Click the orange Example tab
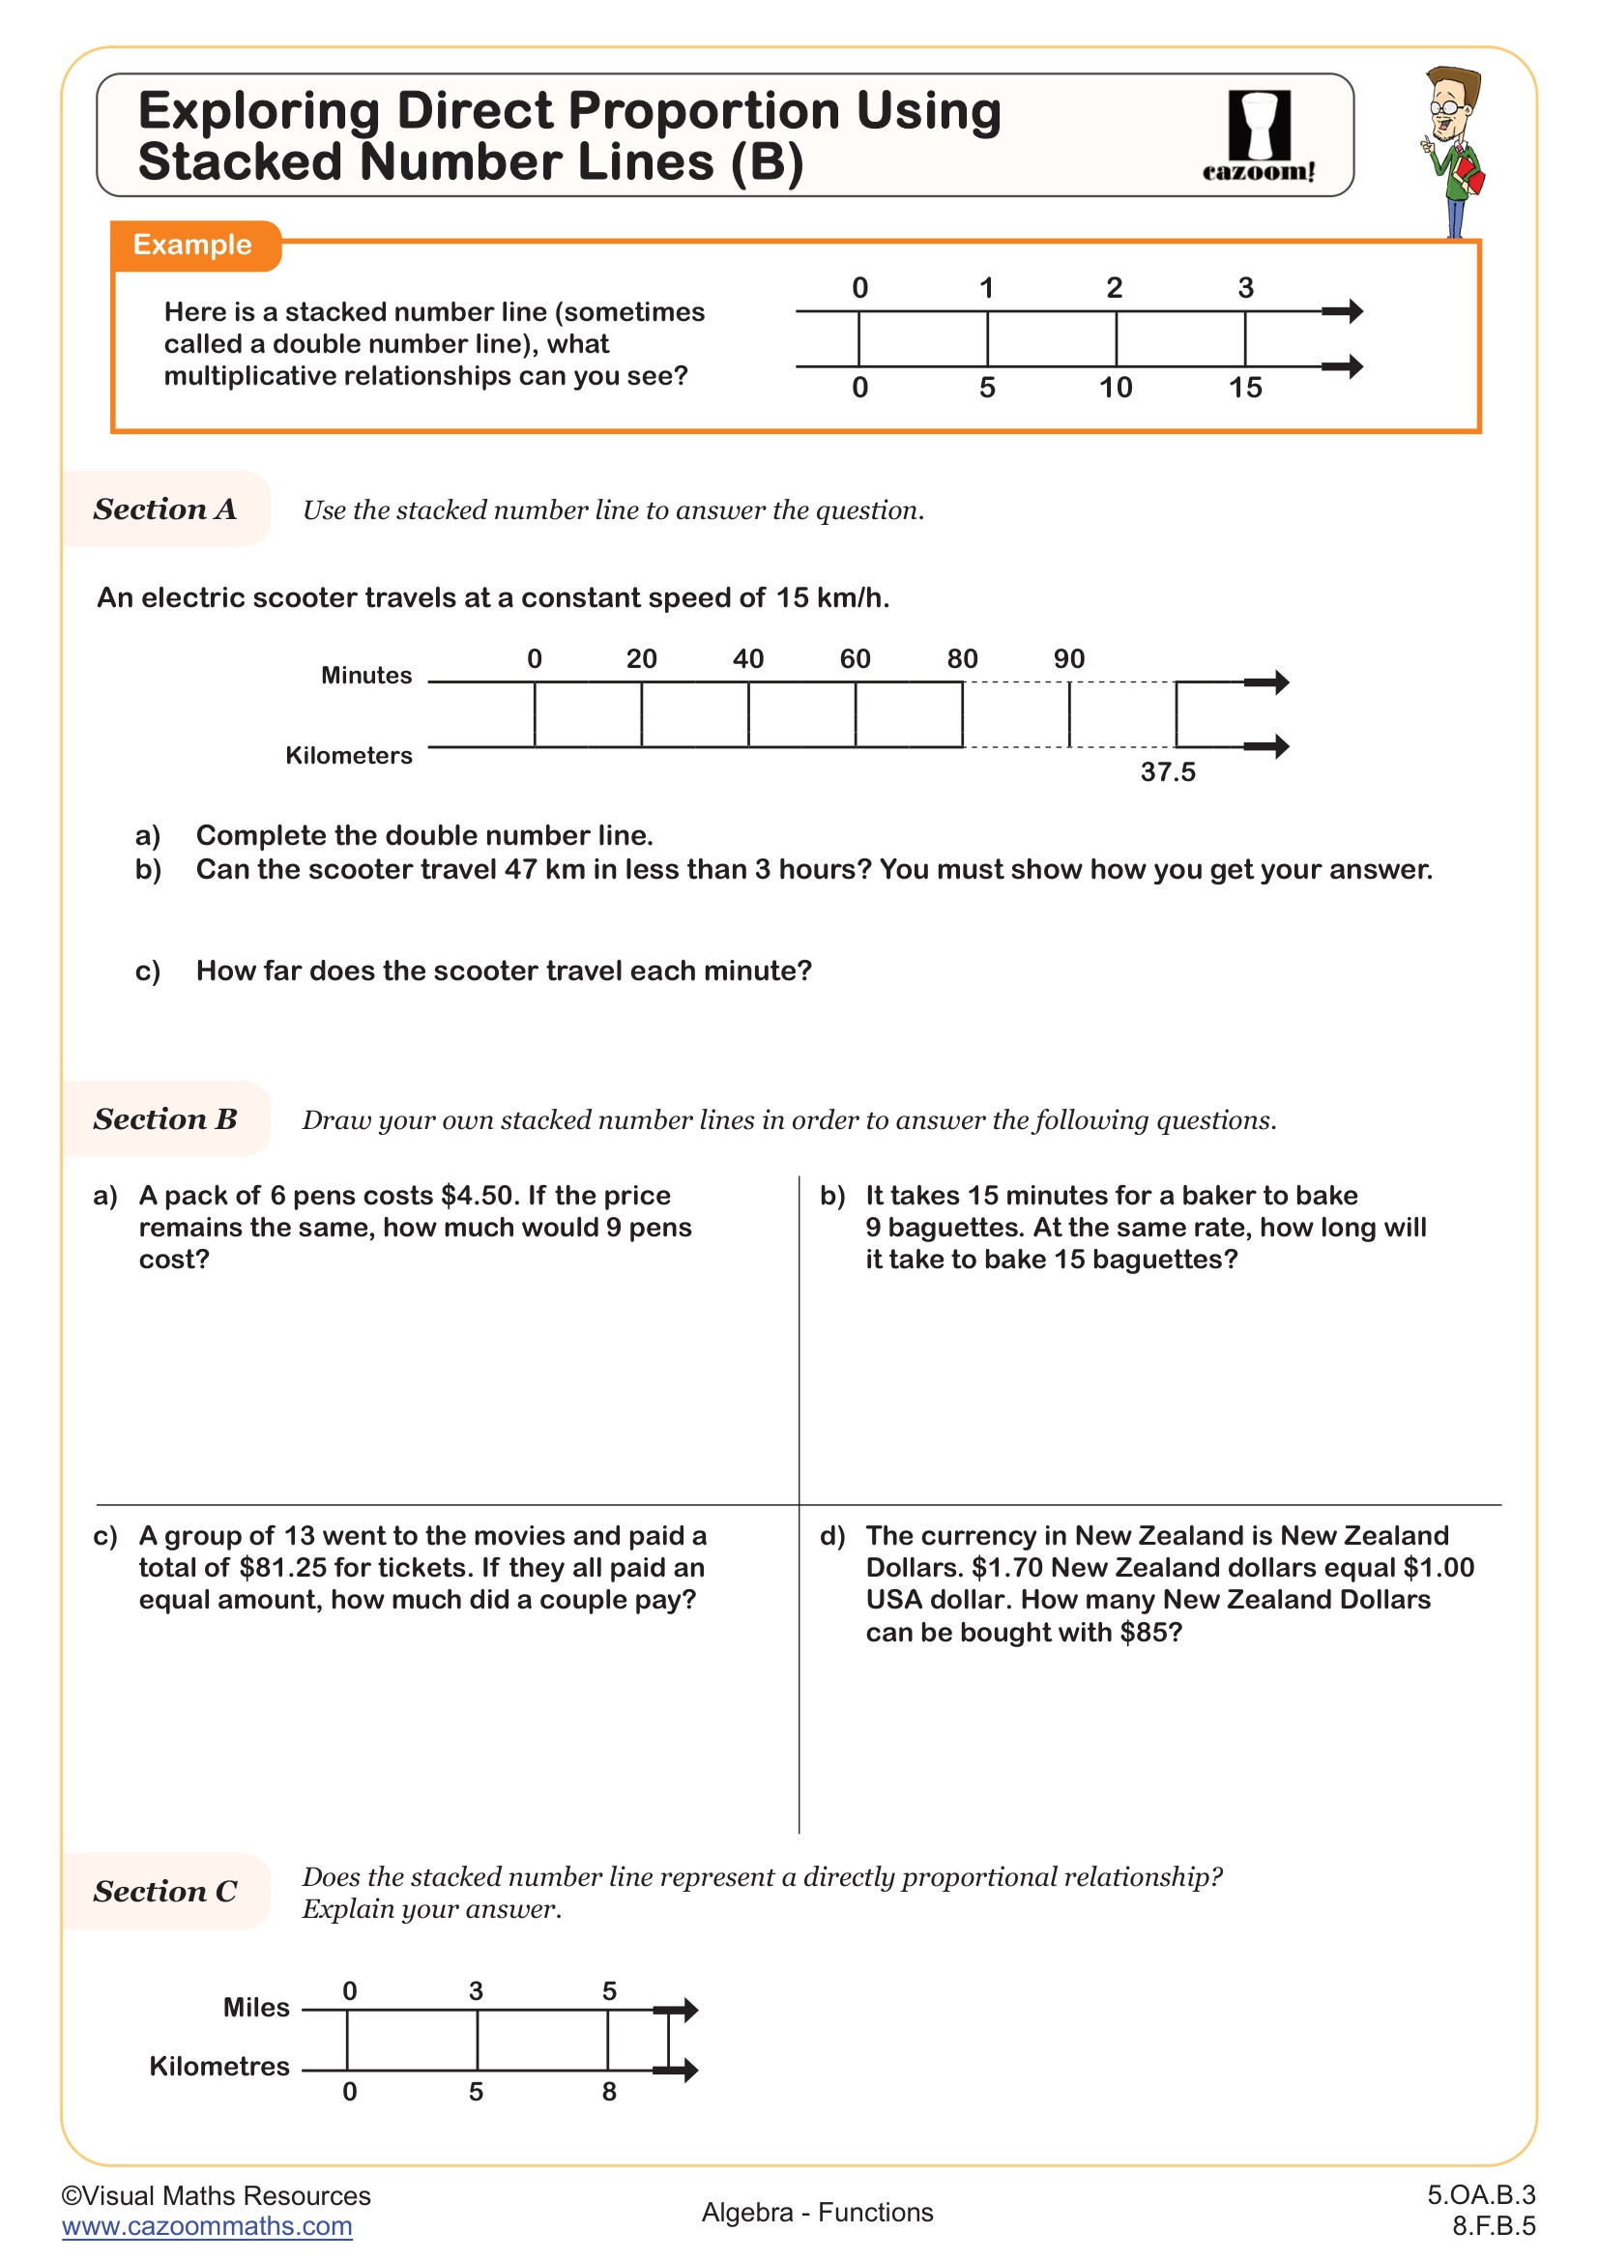pyautogui.click(x=193, y=245)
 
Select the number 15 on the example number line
pyautogui.click(x=1244, y=388)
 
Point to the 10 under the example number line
pyautogui.click(x=1116, y=388)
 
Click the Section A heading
pyautogui.click(x=165, y=509)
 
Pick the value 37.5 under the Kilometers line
pyautogui.click(x=1168, y=772)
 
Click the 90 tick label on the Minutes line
pyautogui.click(x=1069, y=659)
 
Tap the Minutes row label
pyautogui.click(x=366, y=676)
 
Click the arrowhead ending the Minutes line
pyautogui.click(x=1272, y=681)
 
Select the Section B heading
pyautogui.click(x=165, y=1119)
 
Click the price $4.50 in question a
pyautogui.click(x=480, y=1196)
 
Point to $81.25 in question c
pyautogui.click(x=282, y=1568)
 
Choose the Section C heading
pyautogui.click(x=165, y=1892)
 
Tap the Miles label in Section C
pyautogui.click(x=256, y=2007)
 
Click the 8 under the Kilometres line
pyautogui.click(x=609, y=2091)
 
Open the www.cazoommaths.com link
pyautogui.click(x=207, y=2226)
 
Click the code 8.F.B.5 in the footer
pyautogui.click(x=1493, y=2226)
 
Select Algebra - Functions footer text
pyautogui.click(x=817, y=2213)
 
